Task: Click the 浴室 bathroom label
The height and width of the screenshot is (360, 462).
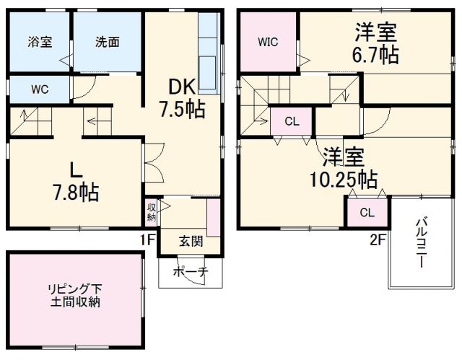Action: (40, 42)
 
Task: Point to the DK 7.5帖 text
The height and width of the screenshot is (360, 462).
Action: (182, 98)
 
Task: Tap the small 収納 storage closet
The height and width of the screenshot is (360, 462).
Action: (152, 211)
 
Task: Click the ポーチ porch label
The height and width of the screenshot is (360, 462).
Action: (191, 272)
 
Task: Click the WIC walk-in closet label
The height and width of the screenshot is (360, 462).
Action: (268, 42)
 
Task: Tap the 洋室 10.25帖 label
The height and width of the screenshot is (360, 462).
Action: (343, 167)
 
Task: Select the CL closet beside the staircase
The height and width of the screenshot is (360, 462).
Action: (291, 121)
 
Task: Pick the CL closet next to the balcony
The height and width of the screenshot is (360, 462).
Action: (367, 213)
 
